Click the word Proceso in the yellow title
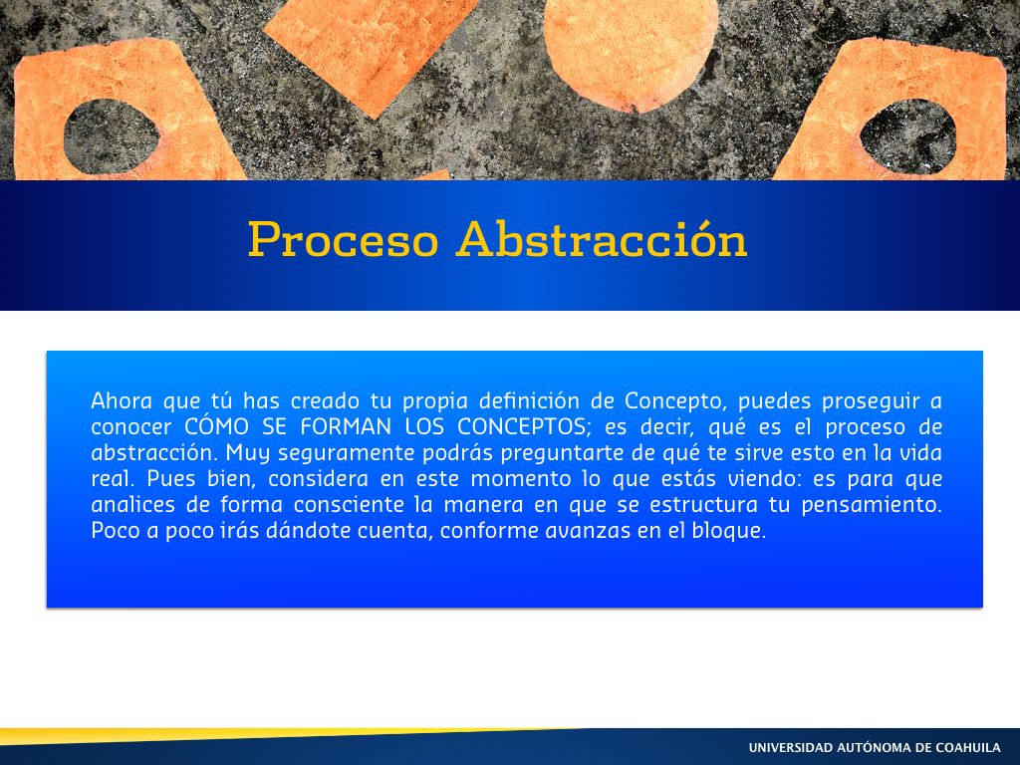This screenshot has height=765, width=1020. point(343,239)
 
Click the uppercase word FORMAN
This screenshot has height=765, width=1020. point(346,426)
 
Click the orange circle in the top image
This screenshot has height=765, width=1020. point(630,49)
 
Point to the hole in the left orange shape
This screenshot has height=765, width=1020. point(112,136)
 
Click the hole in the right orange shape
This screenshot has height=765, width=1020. point(908,135)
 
